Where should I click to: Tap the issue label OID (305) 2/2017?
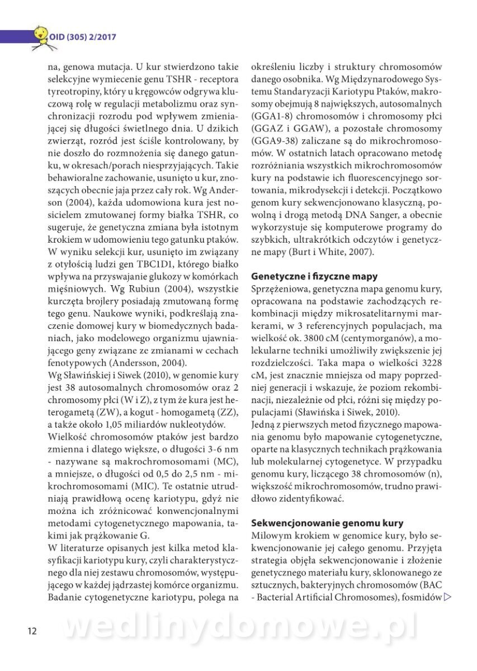click(x=82, y=37)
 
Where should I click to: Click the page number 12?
click(x=32, y=631)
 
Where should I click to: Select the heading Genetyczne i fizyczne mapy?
click(x=314, y=276)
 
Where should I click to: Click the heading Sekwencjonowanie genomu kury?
click(x=327, y=523)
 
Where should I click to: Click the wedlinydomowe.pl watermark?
click(x=240, y=626)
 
